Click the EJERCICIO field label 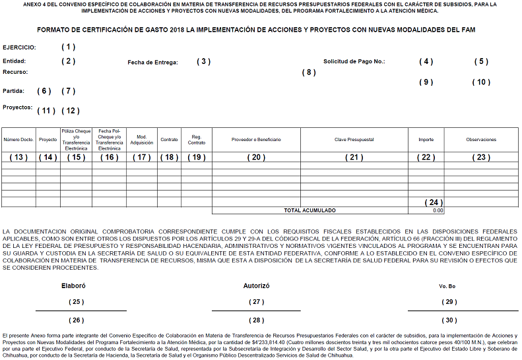tap(20, 47)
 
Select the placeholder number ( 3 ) tap(203, 61)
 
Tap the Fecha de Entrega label tap(152, 62)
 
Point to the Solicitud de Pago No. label tap(354, 61)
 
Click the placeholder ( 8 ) tap(309, 72)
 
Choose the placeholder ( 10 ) tap(481, 82)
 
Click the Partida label tap(14, 91)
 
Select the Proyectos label tap(18, 107)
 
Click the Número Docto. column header tap(18, 140)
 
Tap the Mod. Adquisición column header tap(142, 140)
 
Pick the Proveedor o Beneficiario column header tap(256, 140)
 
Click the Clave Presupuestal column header tap(354, 140)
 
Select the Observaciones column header tap(481, 140)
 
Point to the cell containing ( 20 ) tap(256, 157)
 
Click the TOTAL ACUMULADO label tap(310, 210)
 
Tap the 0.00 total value tap(438, 210)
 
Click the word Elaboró tap(73, 286)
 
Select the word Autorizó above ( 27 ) tap(257, 286)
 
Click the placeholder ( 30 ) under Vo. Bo tap(449, 320)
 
